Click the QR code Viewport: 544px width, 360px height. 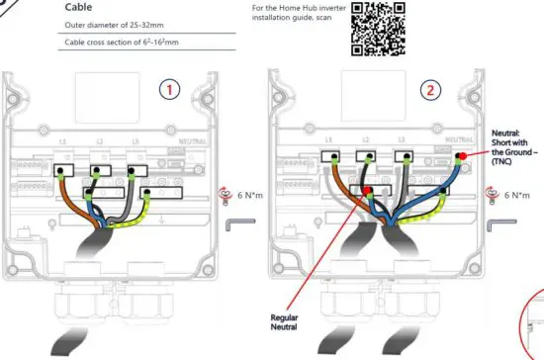click(x=378, y=29)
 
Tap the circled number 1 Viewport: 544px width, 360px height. click(x=171, y=90)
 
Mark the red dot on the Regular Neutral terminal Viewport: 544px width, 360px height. click(x=366, y=187)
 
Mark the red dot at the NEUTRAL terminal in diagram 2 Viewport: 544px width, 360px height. click(x=460, y=156)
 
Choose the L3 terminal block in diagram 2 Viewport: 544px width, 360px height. click(x=403, y=155)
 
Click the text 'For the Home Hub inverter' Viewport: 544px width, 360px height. click(x=293, y=7)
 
